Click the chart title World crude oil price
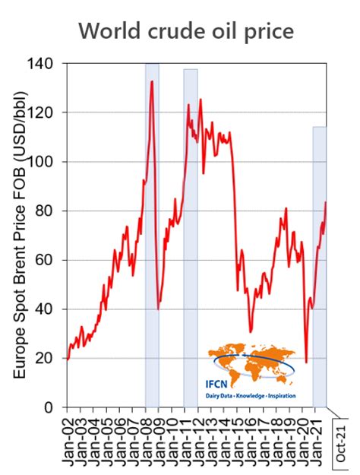pyautogui.click(x=186, y=31)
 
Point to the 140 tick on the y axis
pyautogui.click(x=49, y=63)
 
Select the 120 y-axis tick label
pyautogui.click(x=49, y=112)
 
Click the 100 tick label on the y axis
pyautogui.click(x=49, y=162)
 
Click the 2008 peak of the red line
pyautogui.click(x=152, y=81)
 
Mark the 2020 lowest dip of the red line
pyautogui.click(x=306, y=362)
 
